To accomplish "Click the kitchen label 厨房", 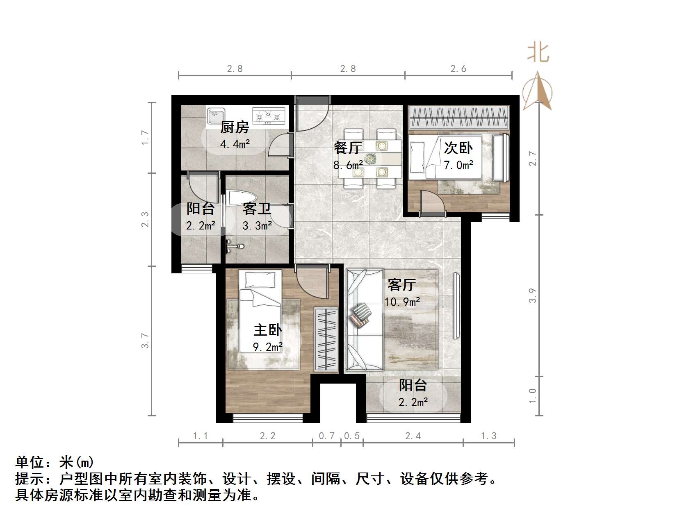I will (235, 127).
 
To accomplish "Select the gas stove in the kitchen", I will (269, 116).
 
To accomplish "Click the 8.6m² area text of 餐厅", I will (348, 165).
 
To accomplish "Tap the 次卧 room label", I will (458, 148).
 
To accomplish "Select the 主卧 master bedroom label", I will (267, 330).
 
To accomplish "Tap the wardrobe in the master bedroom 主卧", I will (326, 339).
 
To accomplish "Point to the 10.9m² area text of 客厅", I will (402, 302).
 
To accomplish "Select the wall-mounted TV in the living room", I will (456, 306).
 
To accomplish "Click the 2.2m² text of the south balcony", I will (413, 402).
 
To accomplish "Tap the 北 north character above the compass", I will (538, 53).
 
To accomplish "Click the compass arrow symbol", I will (538, 91).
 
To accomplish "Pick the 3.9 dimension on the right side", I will (532, 295).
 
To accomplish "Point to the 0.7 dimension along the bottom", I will (326, 436).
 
